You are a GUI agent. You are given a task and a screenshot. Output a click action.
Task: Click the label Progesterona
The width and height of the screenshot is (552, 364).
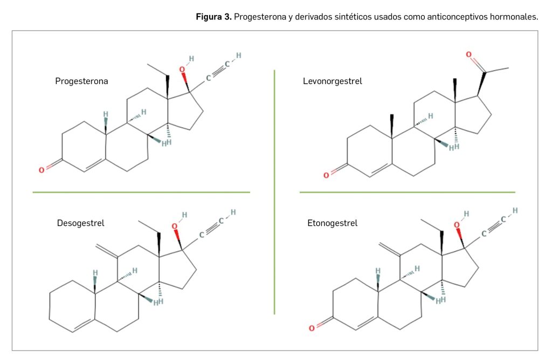[81, 81]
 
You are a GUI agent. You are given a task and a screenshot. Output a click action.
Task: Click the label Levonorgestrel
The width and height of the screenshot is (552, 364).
[332, 81]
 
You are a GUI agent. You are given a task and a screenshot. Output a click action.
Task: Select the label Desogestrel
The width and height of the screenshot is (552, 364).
[80, 223]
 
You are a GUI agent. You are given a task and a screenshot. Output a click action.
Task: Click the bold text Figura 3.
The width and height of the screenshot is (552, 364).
[213, 17]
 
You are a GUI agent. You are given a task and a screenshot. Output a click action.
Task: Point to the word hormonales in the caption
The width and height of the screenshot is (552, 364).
[514, 17]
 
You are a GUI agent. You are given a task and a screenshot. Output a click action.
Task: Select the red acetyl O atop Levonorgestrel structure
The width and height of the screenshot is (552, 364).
[468, 54]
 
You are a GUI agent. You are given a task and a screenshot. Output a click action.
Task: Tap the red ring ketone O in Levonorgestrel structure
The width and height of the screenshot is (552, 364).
[326, 175]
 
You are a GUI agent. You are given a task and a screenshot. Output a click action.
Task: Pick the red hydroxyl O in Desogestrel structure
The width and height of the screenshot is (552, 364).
[174, 226]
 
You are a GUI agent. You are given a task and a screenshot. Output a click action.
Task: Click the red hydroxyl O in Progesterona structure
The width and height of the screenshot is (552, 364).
[182, 69]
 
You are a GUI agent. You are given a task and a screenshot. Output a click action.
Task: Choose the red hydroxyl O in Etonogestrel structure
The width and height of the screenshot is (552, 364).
[457, 224]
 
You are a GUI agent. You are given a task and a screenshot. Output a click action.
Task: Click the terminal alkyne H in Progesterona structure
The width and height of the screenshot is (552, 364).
[238, 56]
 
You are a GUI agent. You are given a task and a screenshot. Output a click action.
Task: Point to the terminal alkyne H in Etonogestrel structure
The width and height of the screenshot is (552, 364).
[515, 210]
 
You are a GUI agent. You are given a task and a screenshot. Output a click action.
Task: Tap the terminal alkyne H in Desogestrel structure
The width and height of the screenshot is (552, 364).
[233, 212]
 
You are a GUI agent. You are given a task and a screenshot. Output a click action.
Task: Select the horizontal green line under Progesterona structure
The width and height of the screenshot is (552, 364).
[141, 192]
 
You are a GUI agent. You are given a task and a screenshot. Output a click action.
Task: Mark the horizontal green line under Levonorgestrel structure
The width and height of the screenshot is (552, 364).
[407, 192]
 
